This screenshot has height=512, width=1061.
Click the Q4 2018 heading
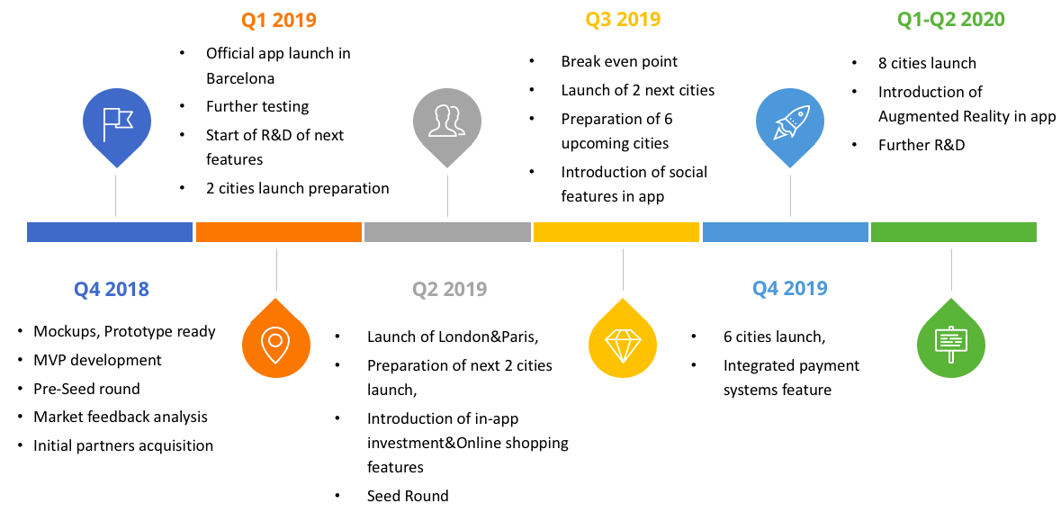[x=111, y=289]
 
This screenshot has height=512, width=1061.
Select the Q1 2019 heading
[x=278, y=20]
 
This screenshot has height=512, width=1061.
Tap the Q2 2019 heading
[x=449, y=289]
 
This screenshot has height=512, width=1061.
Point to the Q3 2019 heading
[x=623, y=20]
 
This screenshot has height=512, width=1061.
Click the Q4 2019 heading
[x=789, y=288]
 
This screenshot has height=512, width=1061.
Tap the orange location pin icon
[x=276, y=337]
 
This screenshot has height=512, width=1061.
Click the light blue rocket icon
[x=790, y=127]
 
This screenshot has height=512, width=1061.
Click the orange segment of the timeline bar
[x=279, y=231]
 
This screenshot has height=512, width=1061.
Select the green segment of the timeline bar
[x=953, y=231]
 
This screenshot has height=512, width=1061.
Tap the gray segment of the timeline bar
[x=447, y=231]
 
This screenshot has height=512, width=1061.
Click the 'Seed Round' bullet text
[x=408, y=496]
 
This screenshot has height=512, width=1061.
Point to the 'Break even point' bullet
[x=619, y=61]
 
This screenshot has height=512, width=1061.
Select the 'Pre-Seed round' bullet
[x=86, y=389]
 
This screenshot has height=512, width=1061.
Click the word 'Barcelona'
[x=240, y=78]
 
